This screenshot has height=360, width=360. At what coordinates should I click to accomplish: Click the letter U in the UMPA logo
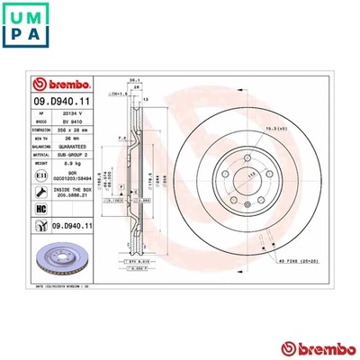point(15,14)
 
